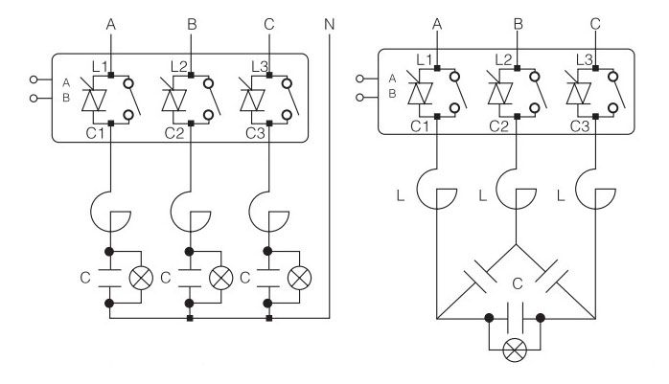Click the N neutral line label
click(x=329, y=24)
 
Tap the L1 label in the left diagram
click(x=100, y=66)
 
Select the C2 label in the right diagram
click(x=498, y=126)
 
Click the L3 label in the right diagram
click(x=584, y=59)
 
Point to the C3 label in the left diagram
click(x=255, y=133)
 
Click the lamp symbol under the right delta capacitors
click(x=515, y=350)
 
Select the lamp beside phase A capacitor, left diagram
click(x=141, y=278)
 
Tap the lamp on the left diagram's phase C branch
click(x=299, y=278)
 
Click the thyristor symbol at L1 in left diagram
click(x=93, y=101)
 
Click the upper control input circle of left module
click(x=34, y=79)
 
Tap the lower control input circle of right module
click(x=359, y=98)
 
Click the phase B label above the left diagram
click(x=192, y=24)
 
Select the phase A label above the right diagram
click(x=436, y=24)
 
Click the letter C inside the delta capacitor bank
click(x=518, y=283)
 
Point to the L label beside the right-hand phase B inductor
click(x=482, y=195)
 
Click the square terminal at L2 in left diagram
click(x=191, y=75)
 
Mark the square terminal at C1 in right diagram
click(x=437, y=116)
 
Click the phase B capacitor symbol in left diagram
click(x=190, y=279)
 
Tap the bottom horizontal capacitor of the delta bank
click(x=515, y=318)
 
